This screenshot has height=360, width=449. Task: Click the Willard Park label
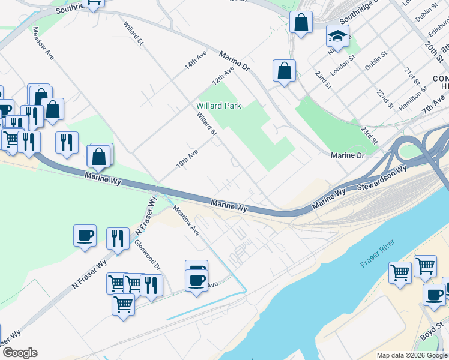tap(218, 106)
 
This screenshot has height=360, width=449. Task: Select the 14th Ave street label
tap(196, 60)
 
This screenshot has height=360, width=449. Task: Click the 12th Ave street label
tap(222, 76)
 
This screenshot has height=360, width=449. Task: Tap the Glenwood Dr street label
tap(148, 256)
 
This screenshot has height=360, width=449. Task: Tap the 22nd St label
tap(384, 100)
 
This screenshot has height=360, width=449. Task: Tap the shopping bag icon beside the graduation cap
tap(301, 23)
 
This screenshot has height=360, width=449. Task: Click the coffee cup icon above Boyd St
tap(434, 295)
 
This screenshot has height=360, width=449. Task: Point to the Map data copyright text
tap(412, 355)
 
